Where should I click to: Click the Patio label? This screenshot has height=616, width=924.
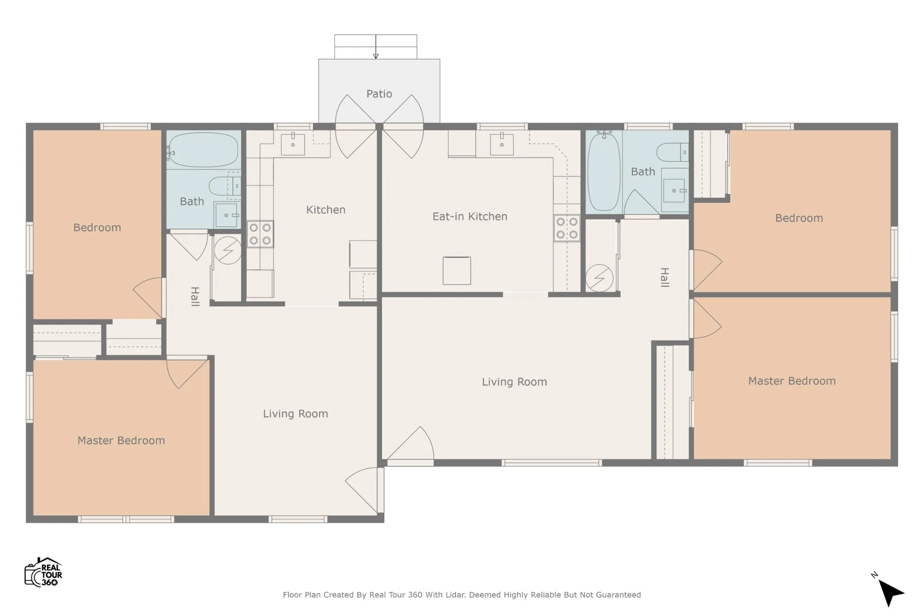(379, 94)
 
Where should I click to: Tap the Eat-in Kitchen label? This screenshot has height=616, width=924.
(470, 216)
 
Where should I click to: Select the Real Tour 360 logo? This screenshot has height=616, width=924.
(43, 572)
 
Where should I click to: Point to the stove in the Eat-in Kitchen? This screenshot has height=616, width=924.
(567, 228)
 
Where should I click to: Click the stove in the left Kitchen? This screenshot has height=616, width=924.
(260, 234)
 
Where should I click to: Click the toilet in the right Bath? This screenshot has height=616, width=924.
(672, 152)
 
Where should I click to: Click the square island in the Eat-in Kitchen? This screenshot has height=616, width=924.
(457, 271)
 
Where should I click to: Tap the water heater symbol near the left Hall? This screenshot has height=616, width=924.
(228, 250)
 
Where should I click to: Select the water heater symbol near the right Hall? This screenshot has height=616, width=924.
(599, 278)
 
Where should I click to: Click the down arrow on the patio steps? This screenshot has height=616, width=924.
(376, 47)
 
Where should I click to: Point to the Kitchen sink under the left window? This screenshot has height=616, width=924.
(293, 144)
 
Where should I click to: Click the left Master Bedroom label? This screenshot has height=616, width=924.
(121, 441)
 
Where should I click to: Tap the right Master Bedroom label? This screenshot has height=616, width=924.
(792, 381)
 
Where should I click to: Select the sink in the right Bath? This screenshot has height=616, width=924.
(674, 190)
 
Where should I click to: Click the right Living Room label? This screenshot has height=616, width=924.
(514, 382)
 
